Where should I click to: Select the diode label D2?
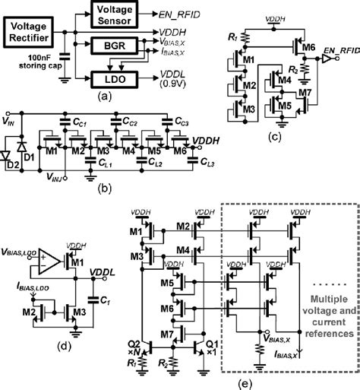click(x=13, y=163)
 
